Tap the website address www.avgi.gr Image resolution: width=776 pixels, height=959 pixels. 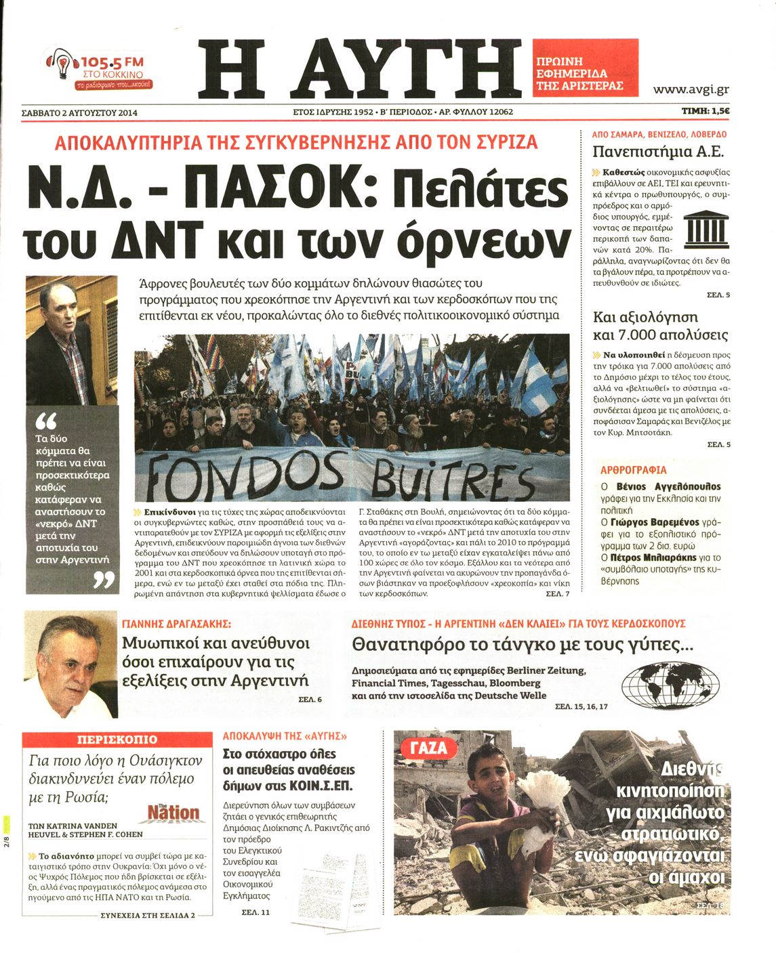point(691,89)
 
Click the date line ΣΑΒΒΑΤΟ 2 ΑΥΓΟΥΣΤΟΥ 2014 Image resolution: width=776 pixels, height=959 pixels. point(79,113)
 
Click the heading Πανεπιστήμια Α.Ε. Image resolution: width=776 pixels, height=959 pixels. point(657,151)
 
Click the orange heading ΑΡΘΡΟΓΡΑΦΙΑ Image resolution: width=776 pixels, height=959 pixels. point(633,470)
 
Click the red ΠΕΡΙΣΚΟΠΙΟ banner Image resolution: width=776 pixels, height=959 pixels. point(117,740)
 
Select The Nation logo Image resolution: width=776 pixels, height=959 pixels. point(173,812)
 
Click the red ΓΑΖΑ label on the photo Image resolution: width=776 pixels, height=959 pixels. point(429,748)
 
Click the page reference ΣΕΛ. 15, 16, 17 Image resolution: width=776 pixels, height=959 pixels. point(581,706)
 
